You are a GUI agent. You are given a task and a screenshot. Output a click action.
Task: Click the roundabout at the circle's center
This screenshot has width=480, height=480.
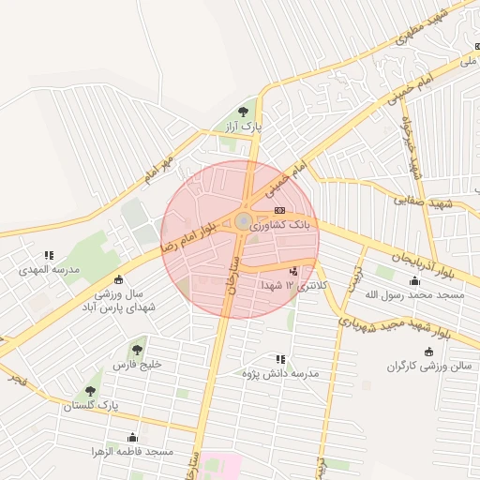pos(243,221)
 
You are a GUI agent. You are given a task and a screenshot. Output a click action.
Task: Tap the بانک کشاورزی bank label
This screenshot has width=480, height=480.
pos(301,225)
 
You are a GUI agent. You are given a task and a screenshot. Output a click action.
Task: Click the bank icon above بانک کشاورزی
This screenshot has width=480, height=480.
pos(279,210)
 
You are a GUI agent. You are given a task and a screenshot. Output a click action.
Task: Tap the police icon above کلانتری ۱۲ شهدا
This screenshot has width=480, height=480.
pos(293,271)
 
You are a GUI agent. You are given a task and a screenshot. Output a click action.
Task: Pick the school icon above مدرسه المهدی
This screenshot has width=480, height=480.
pos(49,255)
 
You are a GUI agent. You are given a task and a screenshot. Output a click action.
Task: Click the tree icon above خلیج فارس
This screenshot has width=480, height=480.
pos(138,350)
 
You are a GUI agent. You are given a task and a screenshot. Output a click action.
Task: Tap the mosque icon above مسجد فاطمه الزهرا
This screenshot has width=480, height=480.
pos(132,437)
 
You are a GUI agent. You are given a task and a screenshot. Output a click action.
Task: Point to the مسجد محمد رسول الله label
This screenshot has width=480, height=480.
pos(413,295)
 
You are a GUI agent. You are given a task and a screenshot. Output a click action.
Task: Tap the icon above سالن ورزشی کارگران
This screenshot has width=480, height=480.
pos(428,352)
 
